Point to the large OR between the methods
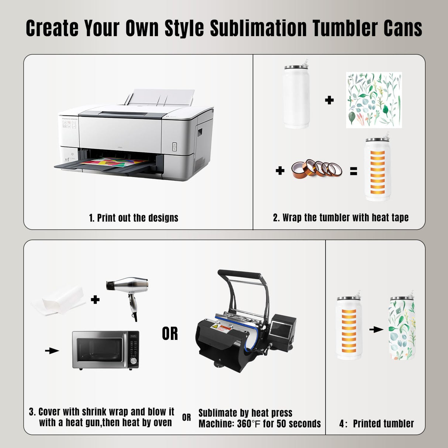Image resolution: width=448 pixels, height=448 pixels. [x=170, y=334]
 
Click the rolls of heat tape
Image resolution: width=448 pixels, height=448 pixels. [x=317, y=169]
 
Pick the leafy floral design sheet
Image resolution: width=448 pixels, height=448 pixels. [x=374, y=100]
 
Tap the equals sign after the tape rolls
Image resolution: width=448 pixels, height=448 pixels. [x=354, y=171]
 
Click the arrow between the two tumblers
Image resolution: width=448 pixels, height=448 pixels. [x=376, y=329]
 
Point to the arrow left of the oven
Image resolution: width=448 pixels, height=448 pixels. [x=52, y=351]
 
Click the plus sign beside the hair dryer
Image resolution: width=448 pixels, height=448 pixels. [x=95, y=299]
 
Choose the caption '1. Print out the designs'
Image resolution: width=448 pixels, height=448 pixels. [x=134, y=218]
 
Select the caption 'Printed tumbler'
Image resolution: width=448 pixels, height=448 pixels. [x=383, y=424]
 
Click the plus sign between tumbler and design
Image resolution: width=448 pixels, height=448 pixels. [x=329, y=100]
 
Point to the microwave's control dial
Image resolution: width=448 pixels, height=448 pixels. [x=133, y=360]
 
